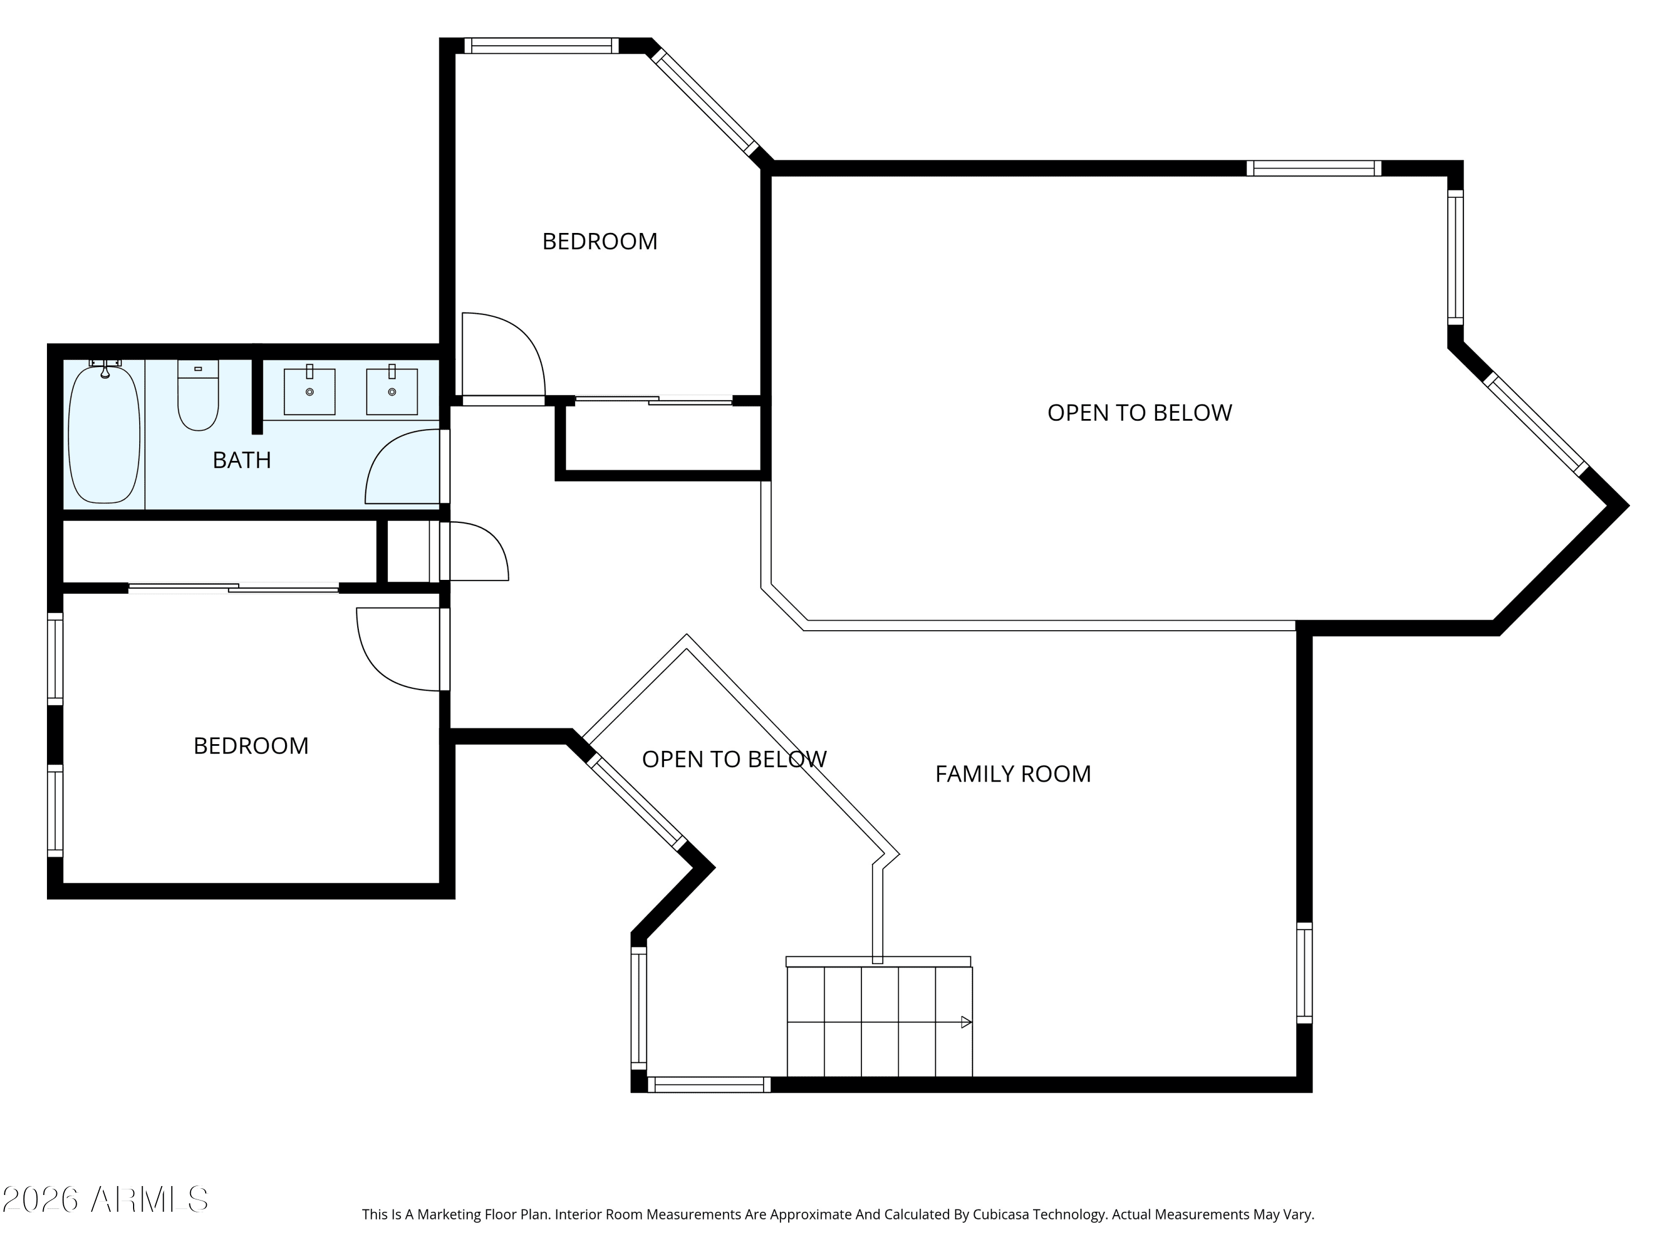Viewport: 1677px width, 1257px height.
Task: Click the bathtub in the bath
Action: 104,434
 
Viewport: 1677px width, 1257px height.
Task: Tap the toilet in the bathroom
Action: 198,395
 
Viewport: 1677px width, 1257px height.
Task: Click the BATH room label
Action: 242,460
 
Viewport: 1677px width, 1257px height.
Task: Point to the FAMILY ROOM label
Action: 1013,774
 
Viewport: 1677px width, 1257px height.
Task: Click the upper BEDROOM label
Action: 600,241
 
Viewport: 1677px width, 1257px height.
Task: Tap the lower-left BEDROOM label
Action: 251,746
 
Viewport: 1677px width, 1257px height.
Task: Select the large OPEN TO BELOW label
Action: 1139,412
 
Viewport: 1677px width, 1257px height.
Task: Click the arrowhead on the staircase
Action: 967,1022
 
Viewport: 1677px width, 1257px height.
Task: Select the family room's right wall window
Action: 1304,973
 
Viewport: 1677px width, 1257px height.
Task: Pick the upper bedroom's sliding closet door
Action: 653,400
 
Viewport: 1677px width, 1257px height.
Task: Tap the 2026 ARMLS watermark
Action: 106,1199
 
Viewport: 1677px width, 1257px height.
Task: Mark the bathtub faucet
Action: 106,368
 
